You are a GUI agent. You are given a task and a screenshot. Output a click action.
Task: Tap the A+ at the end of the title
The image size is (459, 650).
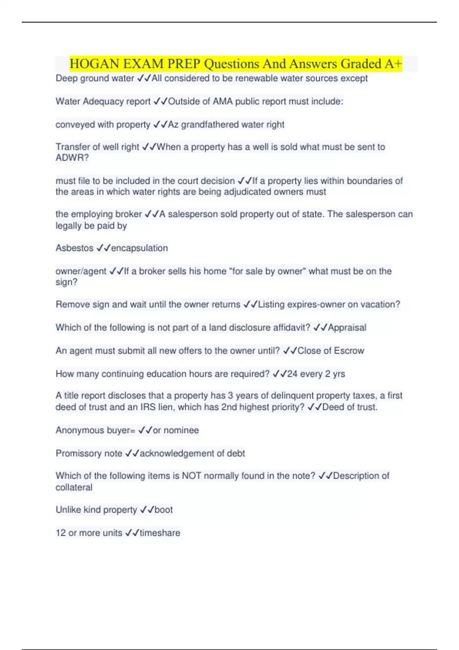click(x=393, y=64)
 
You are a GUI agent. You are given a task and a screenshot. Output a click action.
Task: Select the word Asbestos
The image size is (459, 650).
click(x=74, y=248)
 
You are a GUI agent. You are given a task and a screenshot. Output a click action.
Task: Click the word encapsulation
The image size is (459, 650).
click(x=139, y=248)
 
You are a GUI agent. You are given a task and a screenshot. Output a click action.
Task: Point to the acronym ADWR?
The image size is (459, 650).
click(x=72, y=158)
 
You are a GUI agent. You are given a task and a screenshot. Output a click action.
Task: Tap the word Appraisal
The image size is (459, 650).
click(x=347, y=328)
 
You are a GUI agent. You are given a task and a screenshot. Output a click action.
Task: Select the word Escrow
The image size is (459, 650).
click(x=349, y=351)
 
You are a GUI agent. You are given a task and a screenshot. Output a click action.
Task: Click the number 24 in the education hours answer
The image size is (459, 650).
click(x=292, y=374)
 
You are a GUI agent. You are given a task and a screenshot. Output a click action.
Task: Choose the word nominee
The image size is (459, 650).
click(x=181, y=431)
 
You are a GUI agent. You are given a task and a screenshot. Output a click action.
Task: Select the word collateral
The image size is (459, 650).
click(x=74, y=487)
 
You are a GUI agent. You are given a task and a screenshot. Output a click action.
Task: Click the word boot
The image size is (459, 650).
click(x=163, y=510)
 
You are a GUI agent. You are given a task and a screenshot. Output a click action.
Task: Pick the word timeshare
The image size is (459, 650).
click(x=160, y=533)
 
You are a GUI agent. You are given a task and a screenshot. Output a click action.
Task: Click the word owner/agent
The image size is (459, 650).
click(x=81, y=271)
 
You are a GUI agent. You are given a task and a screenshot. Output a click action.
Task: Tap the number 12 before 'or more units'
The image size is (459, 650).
click(x=60, y=533)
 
